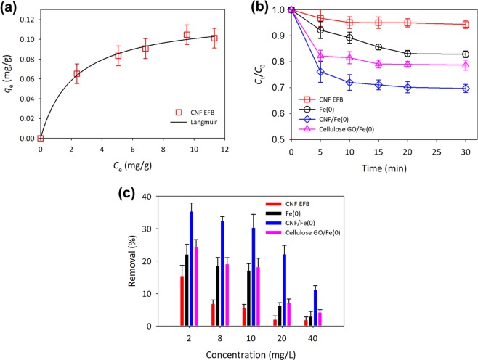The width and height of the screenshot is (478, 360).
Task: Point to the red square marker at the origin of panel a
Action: (41, 138)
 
